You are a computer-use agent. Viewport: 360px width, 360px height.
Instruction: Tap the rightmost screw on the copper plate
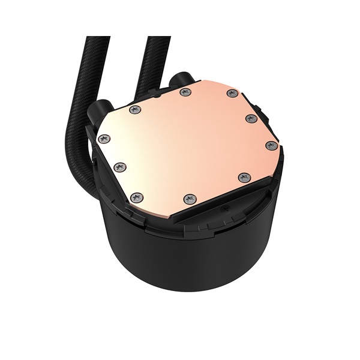pyautogui.click(x=271, y=145)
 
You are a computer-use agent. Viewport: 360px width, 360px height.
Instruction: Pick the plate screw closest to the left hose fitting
pyautogui.click(x=136, y=109)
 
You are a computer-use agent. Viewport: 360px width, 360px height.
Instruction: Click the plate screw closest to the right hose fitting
pyautogui.click(x=184, y=92)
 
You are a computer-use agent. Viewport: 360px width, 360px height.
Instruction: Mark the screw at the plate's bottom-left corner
pyautogui.click(x=137, y=197)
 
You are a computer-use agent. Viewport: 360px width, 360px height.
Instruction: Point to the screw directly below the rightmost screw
pyautogui.click(x=244, y=177)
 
